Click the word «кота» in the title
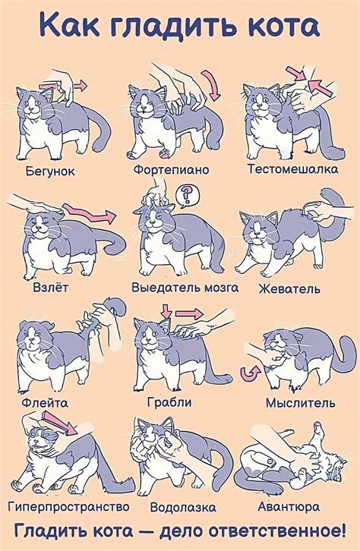273,27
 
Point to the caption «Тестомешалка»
292,169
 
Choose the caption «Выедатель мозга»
185,288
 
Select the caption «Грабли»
168,402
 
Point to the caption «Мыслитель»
300,403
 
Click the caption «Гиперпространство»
68,505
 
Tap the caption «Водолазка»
183,506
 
